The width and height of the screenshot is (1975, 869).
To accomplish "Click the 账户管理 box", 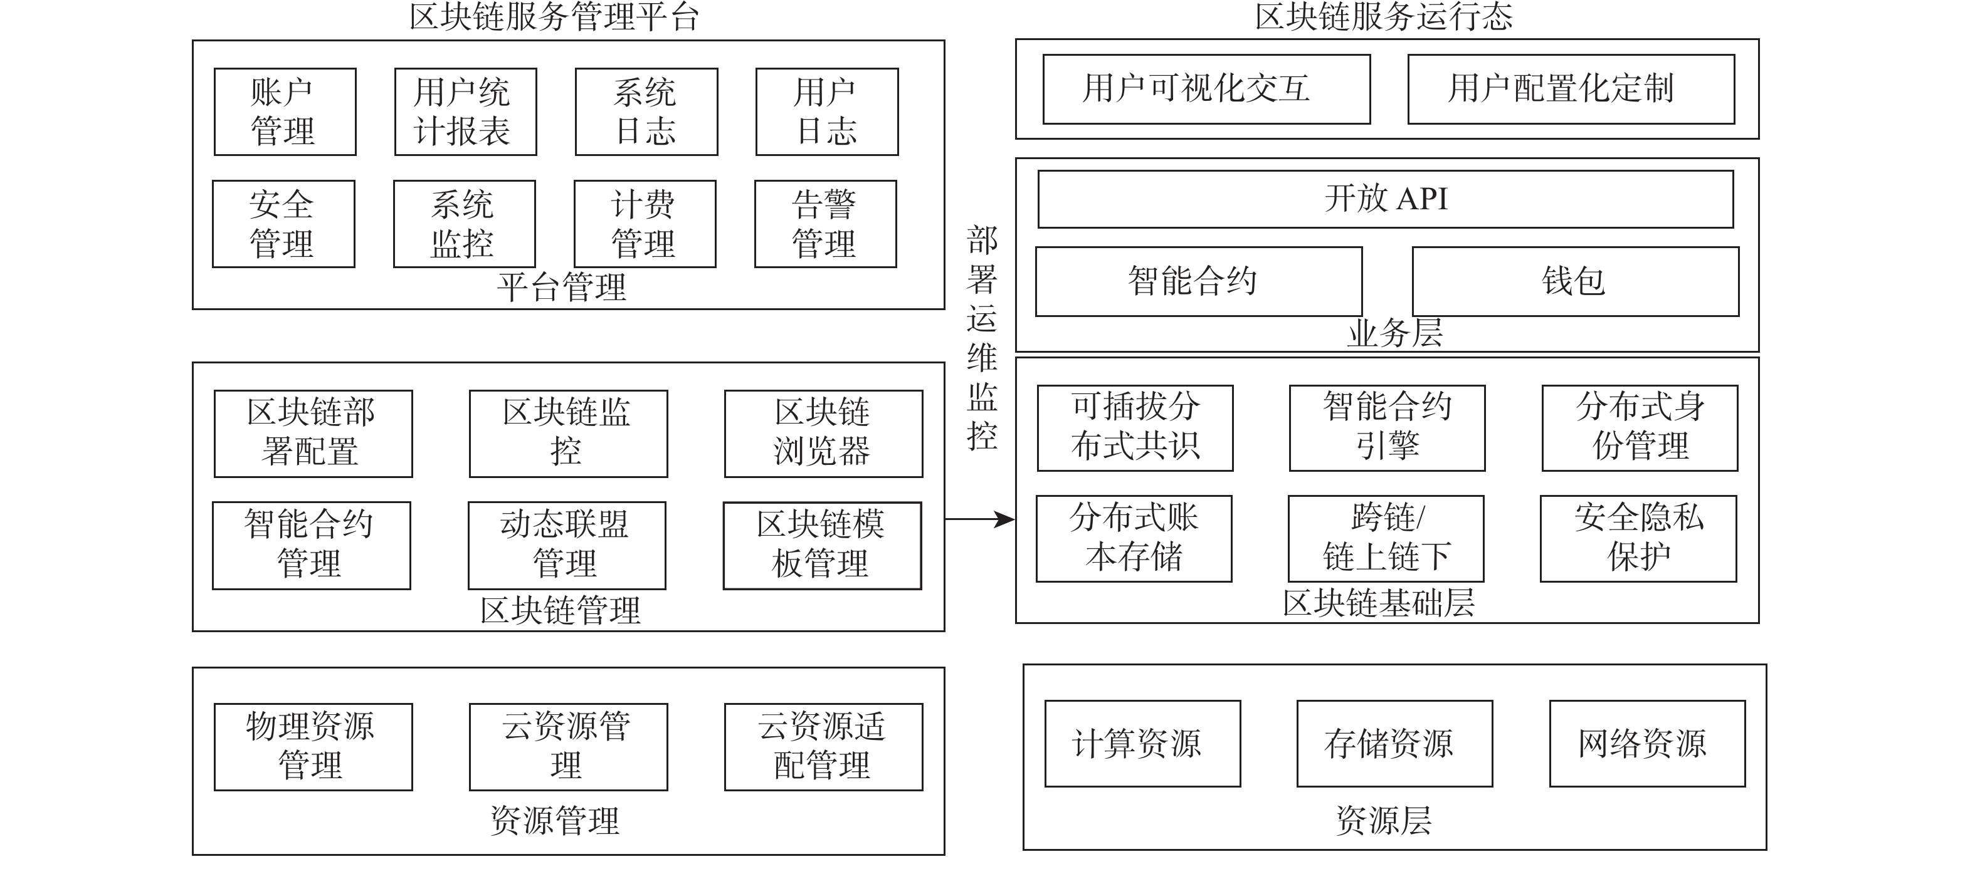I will click(x=285, y=112).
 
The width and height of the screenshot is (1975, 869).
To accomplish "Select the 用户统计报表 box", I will click(x=465, y=112).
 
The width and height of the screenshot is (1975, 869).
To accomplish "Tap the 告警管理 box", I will click(x=825, y=224).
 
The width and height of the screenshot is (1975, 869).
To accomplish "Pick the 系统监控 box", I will click(x=464, y=224).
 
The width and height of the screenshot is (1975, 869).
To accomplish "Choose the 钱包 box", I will click(x=1575, y=281).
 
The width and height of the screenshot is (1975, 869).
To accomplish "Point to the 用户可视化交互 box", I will click(x=1206, y=89).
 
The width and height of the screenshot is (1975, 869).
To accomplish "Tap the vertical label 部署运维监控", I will click(x=981, y=337).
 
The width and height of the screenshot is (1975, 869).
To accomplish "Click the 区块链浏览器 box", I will click(x=823, y=434).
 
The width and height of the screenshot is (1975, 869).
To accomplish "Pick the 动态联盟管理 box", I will click(x=567, y=545).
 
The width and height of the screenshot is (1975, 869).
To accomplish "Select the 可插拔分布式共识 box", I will click(x=1135, y=427).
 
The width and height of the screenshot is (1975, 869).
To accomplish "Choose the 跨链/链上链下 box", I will click(x=1386, y=538).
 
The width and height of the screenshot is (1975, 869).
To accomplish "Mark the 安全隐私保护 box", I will click(x=1638, y=538).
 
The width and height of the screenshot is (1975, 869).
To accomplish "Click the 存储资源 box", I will click(x=1394, y=743).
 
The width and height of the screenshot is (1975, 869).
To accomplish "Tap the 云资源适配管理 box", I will click(x=823, y=746).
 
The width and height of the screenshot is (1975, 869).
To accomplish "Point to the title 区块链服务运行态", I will click(x=1383, y=17).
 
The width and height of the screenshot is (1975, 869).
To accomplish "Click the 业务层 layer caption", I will click(x=1394, y=333).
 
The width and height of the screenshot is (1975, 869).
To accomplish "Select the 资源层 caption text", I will click(x=1383, y=821).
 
